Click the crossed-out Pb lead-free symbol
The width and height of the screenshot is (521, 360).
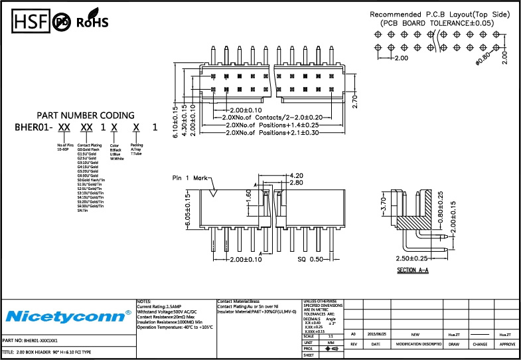[x=62, y=22]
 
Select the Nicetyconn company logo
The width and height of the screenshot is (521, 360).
[x=68, y=314]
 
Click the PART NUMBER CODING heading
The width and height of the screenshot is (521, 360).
[x=85, y=115]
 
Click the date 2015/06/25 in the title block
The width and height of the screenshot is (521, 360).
[x=376, y=335]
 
